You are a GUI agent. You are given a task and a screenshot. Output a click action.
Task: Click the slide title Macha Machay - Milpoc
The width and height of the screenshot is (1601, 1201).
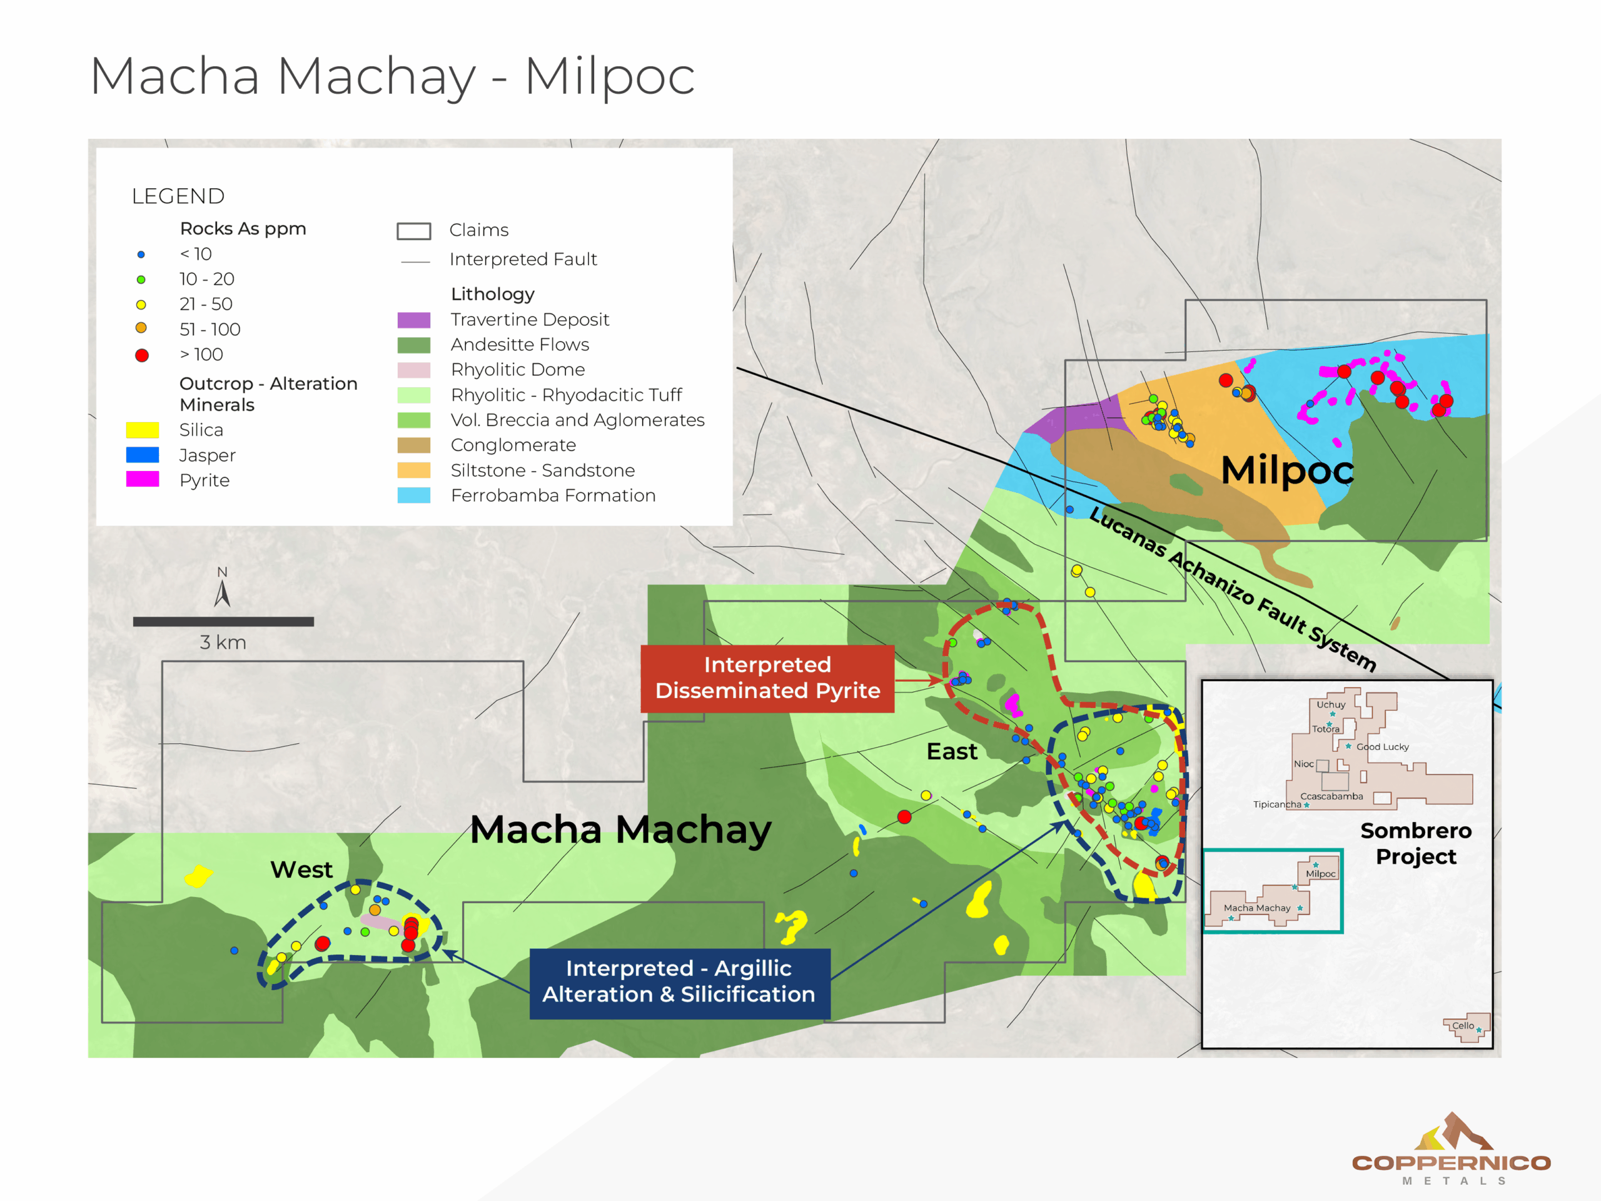point(391,76)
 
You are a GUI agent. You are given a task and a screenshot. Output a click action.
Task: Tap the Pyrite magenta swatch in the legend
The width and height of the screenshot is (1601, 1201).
point(142,479)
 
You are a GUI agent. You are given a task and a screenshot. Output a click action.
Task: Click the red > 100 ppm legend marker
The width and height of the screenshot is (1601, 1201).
point(142,355)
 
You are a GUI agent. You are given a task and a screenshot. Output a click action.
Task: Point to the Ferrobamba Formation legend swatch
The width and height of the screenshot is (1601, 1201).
point(413,495)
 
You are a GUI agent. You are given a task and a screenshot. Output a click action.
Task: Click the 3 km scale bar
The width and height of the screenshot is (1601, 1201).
point(223,621)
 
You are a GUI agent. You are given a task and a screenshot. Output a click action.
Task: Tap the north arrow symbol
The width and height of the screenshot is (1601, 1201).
point(222,592)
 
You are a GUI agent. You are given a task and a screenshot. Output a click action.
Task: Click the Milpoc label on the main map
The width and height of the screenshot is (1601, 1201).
point(1286,470)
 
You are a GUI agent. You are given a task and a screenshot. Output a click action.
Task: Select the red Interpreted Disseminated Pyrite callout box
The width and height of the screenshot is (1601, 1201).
point(767,678)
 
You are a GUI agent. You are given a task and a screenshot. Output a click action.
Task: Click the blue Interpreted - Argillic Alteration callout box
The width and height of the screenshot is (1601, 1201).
point(679,982)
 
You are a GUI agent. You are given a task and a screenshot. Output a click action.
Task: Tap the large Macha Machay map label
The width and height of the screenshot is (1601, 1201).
point(620,829)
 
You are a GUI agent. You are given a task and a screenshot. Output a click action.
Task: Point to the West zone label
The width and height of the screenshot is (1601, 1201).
point(301,869)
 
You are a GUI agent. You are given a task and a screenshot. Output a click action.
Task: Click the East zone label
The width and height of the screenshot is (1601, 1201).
point(951,751)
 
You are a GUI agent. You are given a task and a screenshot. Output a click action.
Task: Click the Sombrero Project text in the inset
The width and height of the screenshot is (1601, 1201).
point(1415,843)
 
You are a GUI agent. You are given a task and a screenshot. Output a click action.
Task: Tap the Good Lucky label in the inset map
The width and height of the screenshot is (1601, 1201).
point(1381,746)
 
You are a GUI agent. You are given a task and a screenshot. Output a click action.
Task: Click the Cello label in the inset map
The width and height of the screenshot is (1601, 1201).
point(1462,1025)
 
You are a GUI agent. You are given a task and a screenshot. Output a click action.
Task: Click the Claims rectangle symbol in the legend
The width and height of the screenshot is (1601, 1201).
point(413,231)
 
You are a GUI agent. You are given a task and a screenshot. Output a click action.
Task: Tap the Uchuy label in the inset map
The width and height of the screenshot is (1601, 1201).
point(1330,704)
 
